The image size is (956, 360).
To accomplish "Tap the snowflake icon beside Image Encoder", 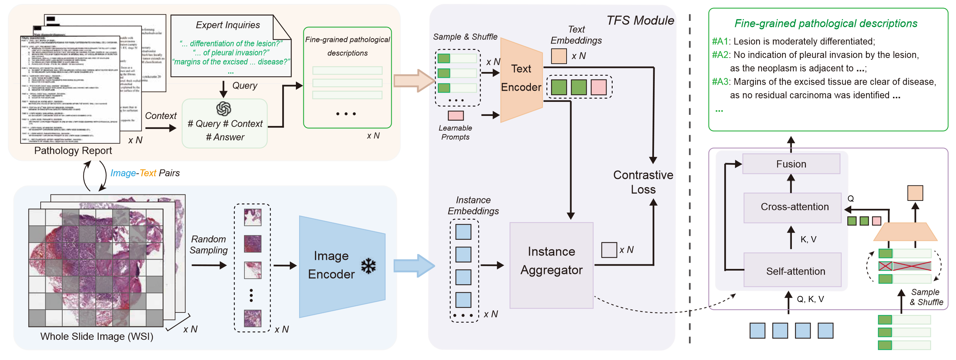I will tap(369, 266).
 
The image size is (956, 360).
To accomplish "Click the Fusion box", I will tap(791, 164).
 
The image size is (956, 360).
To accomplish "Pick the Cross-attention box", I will tap(792, 207).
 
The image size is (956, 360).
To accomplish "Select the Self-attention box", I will tap(792, 271).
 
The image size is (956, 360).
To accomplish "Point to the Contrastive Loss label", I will tap(643, 182).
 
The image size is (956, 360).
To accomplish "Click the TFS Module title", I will tap(640, 21).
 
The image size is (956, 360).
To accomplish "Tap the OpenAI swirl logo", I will tap(224, 109).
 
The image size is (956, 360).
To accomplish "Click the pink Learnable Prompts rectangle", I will tap(456, 116).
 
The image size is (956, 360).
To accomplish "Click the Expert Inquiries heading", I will tap(227, 25).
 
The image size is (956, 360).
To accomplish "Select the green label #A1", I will tap(720, 41).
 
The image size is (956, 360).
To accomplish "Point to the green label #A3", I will tap(720, 82).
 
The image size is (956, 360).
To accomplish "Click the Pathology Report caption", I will tap(73, 151).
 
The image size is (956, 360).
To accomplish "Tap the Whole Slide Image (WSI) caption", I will tap(96, 336).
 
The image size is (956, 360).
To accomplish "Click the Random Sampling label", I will tap(208, 244).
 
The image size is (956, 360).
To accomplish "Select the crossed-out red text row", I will tap(905, 266).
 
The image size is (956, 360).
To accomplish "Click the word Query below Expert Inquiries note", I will tap(244, 86).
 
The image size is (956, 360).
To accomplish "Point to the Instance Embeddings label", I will tap(473, 206).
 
